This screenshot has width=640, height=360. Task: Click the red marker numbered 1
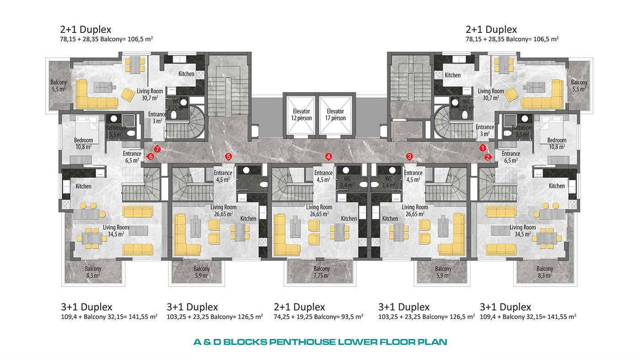click(483, 148)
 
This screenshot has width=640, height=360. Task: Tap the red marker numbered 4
click(329, 156)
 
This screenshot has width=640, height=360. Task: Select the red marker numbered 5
click(228, 156)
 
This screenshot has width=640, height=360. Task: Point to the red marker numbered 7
click(157, 149)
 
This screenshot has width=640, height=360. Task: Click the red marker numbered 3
click(410, 156)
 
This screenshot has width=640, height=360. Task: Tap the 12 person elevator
click(301, 115)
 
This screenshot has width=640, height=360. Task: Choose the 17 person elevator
click(335, 115)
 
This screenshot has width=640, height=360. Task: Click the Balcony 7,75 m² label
click(322, 272)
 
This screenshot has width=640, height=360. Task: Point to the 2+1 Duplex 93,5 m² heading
click(299, 307)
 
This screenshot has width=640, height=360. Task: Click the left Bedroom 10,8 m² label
click(83, 143)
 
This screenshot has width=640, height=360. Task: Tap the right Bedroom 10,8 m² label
click(557, 143)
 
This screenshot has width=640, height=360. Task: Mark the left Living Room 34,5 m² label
click(116, 231)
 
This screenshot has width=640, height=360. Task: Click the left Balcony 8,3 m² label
click(93, 272)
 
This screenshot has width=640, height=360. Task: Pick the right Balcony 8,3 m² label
click(545, 272)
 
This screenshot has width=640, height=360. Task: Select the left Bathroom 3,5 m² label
click(116, 131)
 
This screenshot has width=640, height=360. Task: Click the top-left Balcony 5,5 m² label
click(59, 85)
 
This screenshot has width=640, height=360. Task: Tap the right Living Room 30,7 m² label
click(491, 95)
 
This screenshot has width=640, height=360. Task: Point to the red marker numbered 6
click(150, 156)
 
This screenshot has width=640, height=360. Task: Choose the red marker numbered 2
click(488, 157)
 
